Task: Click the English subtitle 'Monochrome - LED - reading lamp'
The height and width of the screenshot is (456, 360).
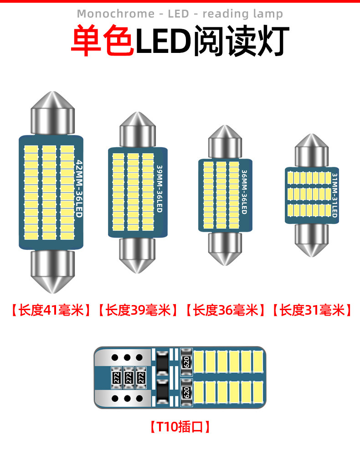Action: click(x=180, y=14)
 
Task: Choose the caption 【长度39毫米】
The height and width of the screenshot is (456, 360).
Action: click(x=138, y=311)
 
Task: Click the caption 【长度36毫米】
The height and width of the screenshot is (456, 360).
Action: click(x=226, y=311)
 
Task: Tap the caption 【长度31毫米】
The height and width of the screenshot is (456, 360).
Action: click(x=313, y=311)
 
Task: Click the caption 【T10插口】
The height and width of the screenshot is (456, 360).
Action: click(x=180, y=427)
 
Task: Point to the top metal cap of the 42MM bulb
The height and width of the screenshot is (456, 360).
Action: click(x=52, y=114)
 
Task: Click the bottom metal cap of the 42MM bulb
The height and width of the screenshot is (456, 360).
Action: click(x=52, y=271)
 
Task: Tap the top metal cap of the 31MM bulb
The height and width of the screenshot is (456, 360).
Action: click(x=312, y=150)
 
